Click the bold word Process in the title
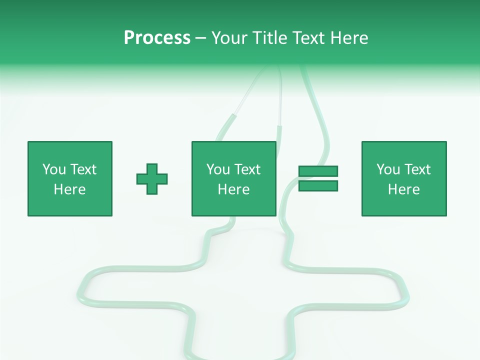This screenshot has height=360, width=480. pos(157,38)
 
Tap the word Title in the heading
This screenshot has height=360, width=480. pos(271,38)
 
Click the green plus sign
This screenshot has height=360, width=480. pos(152,179)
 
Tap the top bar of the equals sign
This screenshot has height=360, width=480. pos(318,171)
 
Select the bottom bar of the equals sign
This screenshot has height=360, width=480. pos(318,186)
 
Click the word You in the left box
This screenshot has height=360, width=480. pos(54,169)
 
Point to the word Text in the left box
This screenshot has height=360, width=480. pos(83,169)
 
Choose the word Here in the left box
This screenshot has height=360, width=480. pos(69,189)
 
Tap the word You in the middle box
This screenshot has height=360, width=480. pos(218,169)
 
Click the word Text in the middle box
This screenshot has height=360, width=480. pos(247,169)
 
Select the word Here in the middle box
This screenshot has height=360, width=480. pos(233,189)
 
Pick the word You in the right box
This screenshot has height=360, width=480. pos(388,169)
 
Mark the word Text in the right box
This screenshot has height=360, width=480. pos(417,169)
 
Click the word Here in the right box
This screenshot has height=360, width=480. pos(403,189)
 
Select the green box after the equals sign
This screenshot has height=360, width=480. pos(404,205)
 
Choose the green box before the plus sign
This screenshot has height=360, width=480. pos(70,205)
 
